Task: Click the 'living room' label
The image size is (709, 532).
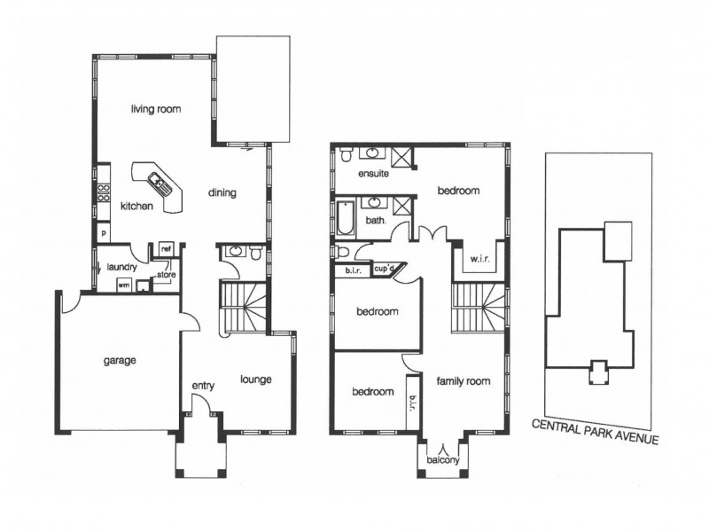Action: tap(156, 110)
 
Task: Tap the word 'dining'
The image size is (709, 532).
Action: tap(222, 192)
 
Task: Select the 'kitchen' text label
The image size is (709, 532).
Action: tap(136, 206)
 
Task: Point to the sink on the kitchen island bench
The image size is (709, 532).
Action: tap(160, 184)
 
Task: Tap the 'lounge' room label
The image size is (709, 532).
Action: tap(255, 379)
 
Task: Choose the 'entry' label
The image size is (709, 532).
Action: tap(205, 386)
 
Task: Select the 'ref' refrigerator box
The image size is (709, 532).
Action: tap(165, 250)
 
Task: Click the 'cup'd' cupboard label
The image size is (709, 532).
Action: tap(384, 268)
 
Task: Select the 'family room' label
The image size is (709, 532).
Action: tap(463, 381)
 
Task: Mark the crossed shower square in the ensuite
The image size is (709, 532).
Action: tap(402, 157)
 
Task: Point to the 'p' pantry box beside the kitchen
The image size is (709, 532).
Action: tap(104, 234)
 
